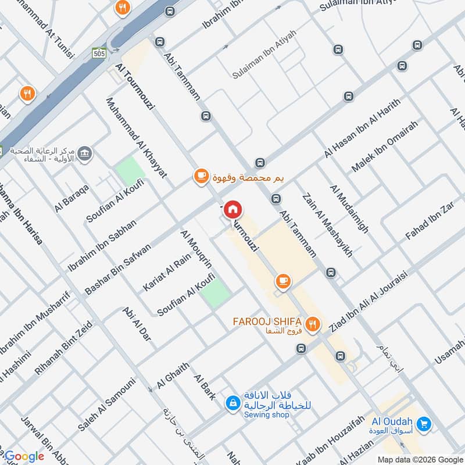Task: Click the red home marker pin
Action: tap(233, 210)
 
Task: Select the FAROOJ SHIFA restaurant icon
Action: tap(313, 325)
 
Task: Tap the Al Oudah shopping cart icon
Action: tap(424, 425)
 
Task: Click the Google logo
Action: tap(24, 456)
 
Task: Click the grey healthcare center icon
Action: tap(85, 153)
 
